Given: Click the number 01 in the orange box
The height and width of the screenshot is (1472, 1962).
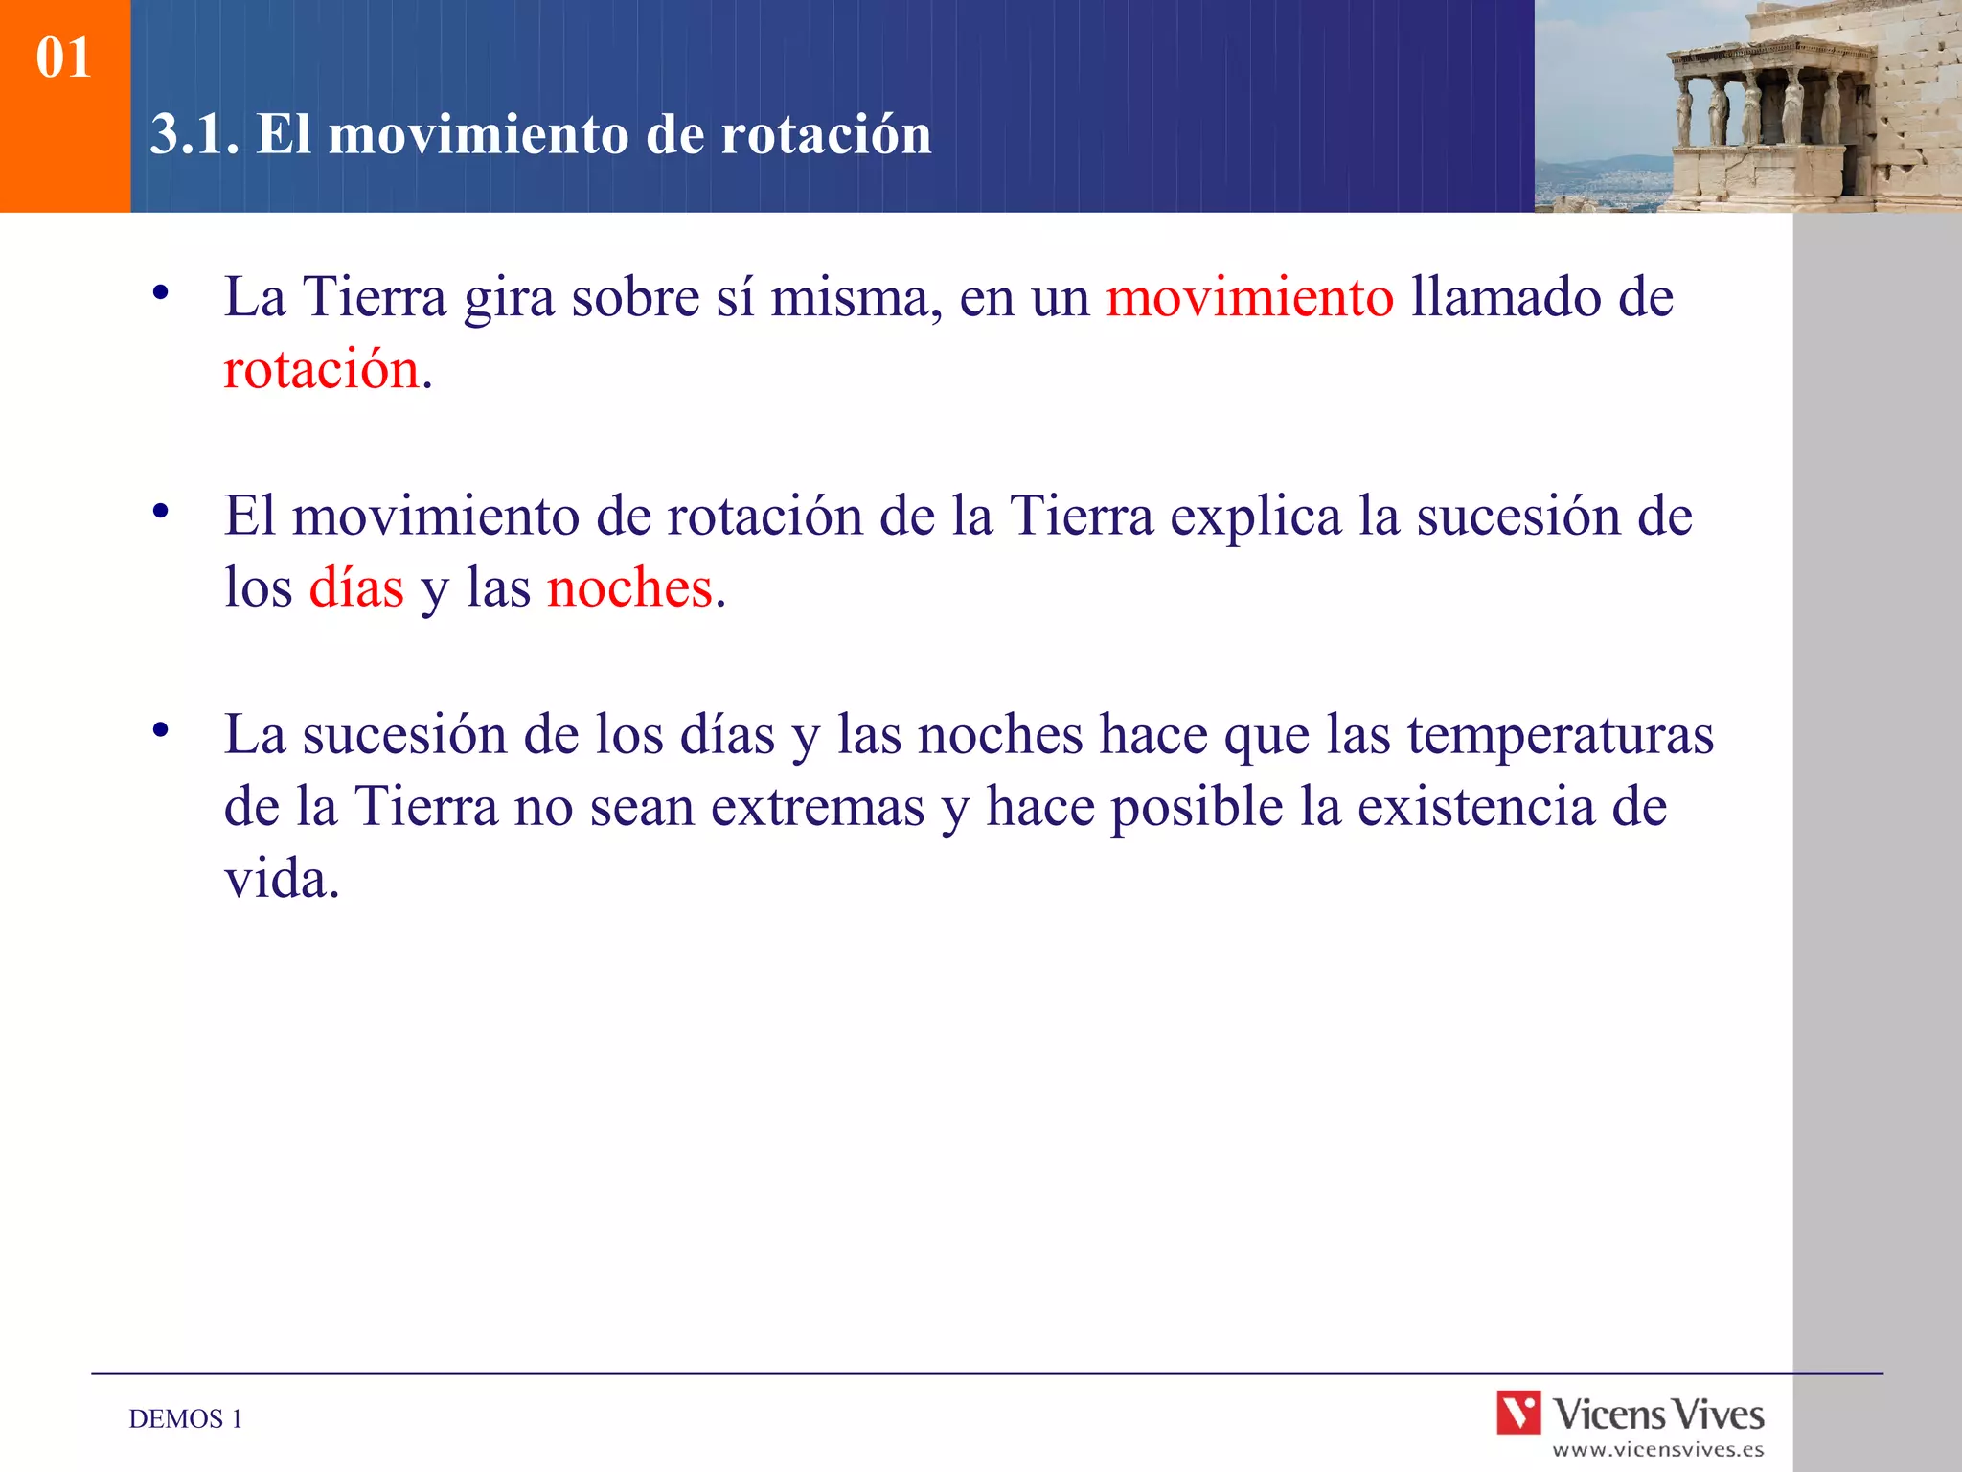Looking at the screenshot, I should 63,58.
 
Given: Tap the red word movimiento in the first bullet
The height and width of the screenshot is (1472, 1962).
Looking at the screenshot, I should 1249,297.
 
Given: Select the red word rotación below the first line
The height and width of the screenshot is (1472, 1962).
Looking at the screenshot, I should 322,370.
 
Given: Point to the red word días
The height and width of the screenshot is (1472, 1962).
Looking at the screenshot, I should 356,588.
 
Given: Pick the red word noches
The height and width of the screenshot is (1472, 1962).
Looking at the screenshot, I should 629,588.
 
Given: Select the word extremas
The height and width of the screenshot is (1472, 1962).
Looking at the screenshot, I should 817,807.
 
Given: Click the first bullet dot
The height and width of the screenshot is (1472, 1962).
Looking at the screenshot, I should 161,292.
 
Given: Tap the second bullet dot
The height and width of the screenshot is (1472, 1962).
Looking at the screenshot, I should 161,512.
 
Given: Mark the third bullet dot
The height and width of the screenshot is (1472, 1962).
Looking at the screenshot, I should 161,730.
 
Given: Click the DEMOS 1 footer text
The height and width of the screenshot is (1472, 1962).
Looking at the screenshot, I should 186,1419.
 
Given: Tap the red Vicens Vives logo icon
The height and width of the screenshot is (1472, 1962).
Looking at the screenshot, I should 1518,1413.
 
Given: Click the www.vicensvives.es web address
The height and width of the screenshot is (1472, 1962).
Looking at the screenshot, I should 1657,1450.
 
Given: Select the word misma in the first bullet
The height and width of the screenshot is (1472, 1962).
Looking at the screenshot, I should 850,297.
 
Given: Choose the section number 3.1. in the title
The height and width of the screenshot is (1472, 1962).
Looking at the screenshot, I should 194,134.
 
